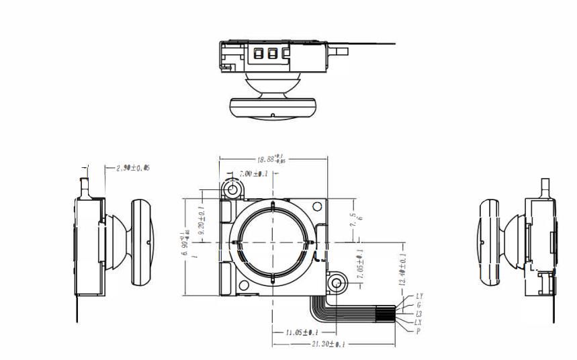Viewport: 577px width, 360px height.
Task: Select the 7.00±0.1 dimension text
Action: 254,173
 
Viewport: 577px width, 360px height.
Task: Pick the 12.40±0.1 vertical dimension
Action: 402,269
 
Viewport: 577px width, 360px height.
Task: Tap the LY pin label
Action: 420,296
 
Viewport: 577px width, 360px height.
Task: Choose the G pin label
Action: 419,305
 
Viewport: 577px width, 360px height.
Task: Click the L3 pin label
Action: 419,314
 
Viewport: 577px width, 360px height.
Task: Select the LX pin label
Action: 419,322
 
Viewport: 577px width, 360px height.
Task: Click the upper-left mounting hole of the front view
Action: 233,190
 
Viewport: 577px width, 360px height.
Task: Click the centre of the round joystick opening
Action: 273,240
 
